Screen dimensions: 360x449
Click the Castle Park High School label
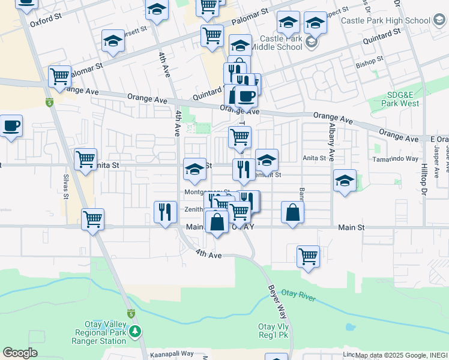click(384, 20)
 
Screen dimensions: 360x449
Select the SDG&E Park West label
click(402, 99)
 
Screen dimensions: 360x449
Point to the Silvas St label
click(65, 187)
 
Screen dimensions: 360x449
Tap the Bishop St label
click(369, 62)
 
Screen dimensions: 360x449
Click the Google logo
click(20, 353)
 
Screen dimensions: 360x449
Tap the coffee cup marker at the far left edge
click(11, 127)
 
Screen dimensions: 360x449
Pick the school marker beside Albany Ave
click(345, 180)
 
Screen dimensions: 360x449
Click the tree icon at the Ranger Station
click(136, 331)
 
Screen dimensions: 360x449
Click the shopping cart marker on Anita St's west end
click(85, 160)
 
